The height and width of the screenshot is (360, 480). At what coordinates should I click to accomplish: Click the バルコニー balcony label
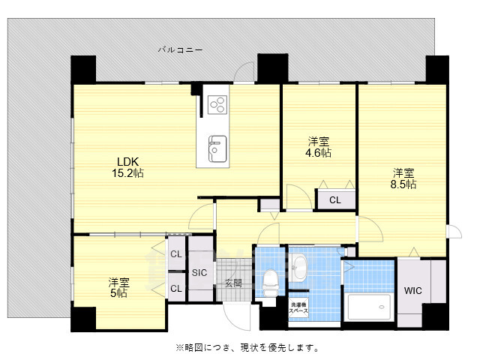(x=180, y=49)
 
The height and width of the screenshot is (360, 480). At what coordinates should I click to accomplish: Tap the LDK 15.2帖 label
(x=127, y=166)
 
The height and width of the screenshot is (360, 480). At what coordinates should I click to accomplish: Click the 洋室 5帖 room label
(x=118, y=288)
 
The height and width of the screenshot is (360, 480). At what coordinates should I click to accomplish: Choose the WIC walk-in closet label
(x=413, y=290)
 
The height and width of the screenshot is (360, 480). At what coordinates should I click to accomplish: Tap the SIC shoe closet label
(x=199, y=272)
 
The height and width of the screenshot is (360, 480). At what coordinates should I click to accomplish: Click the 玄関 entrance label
(x=233, y=283)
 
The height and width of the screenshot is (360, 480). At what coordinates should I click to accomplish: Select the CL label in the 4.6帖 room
(x=334, y=199)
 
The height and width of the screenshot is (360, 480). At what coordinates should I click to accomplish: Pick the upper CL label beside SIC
(x=175, y=254)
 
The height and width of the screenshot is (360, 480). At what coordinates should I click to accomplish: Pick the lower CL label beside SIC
(x=175, y=288)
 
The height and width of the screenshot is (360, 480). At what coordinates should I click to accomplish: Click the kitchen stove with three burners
(x=217, y=103)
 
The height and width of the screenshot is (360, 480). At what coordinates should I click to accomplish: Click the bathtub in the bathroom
(x=369, y=307)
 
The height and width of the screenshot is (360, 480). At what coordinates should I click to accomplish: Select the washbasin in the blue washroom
(x=299, y=265)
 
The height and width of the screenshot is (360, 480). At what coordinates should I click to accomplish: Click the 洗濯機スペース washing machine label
(x=298, y=307)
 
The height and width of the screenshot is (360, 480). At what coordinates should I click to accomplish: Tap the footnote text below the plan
(x=247, y=347)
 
